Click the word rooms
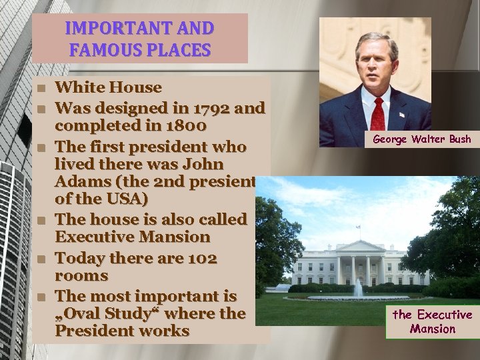pos(81,275)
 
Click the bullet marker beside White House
pos(41,88)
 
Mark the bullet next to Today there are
pos(41,258)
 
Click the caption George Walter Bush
pos(421,139)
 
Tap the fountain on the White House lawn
pos(358,288)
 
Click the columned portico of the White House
pos(360,263)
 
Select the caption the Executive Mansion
pos(432,321)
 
